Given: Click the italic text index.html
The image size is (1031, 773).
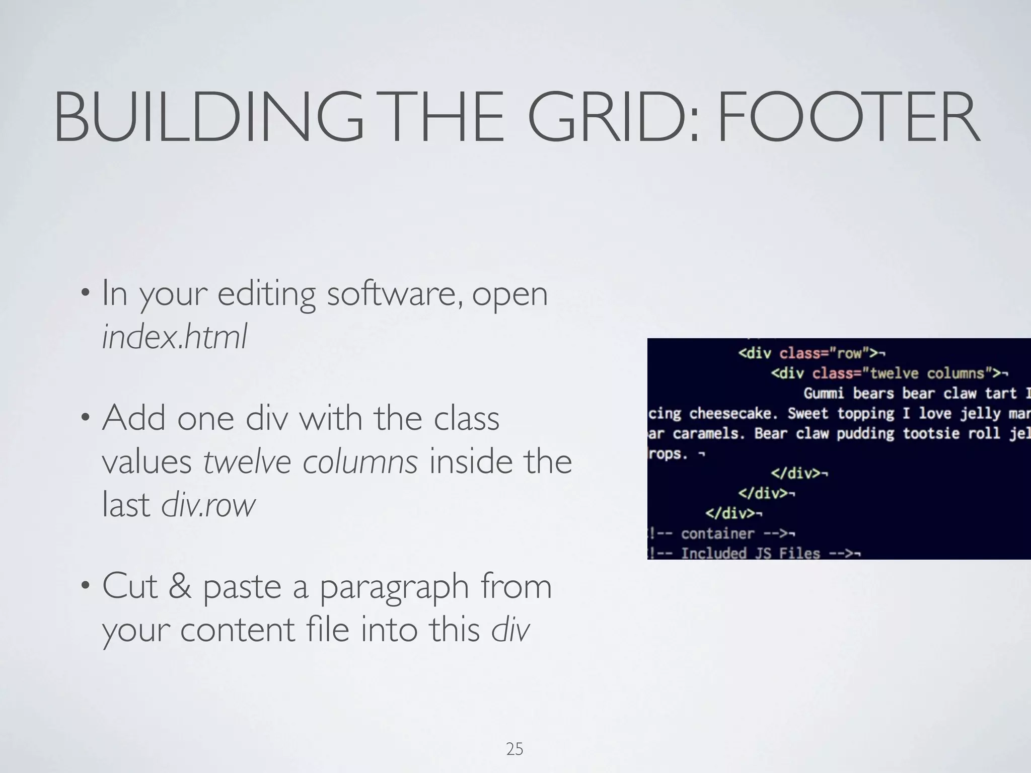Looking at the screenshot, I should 174,336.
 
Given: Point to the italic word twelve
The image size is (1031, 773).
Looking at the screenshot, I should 247,461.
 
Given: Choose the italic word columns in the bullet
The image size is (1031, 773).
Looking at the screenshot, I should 360,461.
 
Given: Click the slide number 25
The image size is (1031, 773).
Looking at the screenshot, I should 514,749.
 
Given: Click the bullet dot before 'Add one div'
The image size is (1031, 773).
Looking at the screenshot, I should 86,418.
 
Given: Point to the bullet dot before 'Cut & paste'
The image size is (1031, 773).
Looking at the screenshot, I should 86,586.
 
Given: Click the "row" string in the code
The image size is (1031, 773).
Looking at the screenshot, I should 849,353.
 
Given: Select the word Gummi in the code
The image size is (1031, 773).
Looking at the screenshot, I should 824,393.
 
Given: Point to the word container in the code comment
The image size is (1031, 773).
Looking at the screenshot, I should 717,533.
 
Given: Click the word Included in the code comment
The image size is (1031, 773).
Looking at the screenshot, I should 713,554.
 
